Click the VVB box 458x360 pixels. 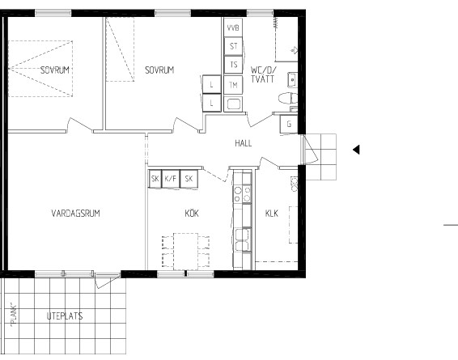click(x=233, y=28)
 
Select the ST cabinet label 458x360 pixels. click(x=233, y=46)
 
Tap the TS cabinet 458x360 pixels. click(x=233, y=65)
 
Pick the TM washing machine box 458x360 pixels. click(x=233, y=85)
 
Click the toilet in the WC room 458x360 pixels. click(x=288, y=99)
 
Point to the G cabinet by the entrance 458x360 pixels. click(x=289, y=124)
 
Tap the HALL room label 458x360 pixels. click(x=244, y=143)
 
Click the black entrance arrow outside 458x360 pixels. click(x=356, y=150)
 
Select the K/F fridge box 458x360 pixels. click(x=171, y=179)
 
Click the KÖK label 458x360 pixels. click(x=192, y=213)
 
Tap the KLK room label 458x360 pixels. click(x=272, y=213)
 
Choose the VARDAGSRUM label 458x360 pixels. click(x=75, y=213)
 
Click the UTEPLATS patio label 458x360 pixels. click(x=65, y=316)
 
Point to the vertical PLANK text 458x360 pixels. click(x=14, y=316)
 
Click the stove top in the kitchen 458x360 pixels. click(x=243, y=194)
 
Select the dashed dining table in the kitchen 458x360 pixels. click(x=185, y=251)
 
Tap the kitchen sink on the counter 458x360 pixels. click(x=243, y=239)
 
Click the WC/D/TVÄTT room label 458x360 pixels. click(x=263, y=74)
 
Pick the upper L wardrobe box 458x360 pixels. click(x=211, y=84)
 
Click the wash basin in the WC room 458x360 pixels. click(x=292, y=80)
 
